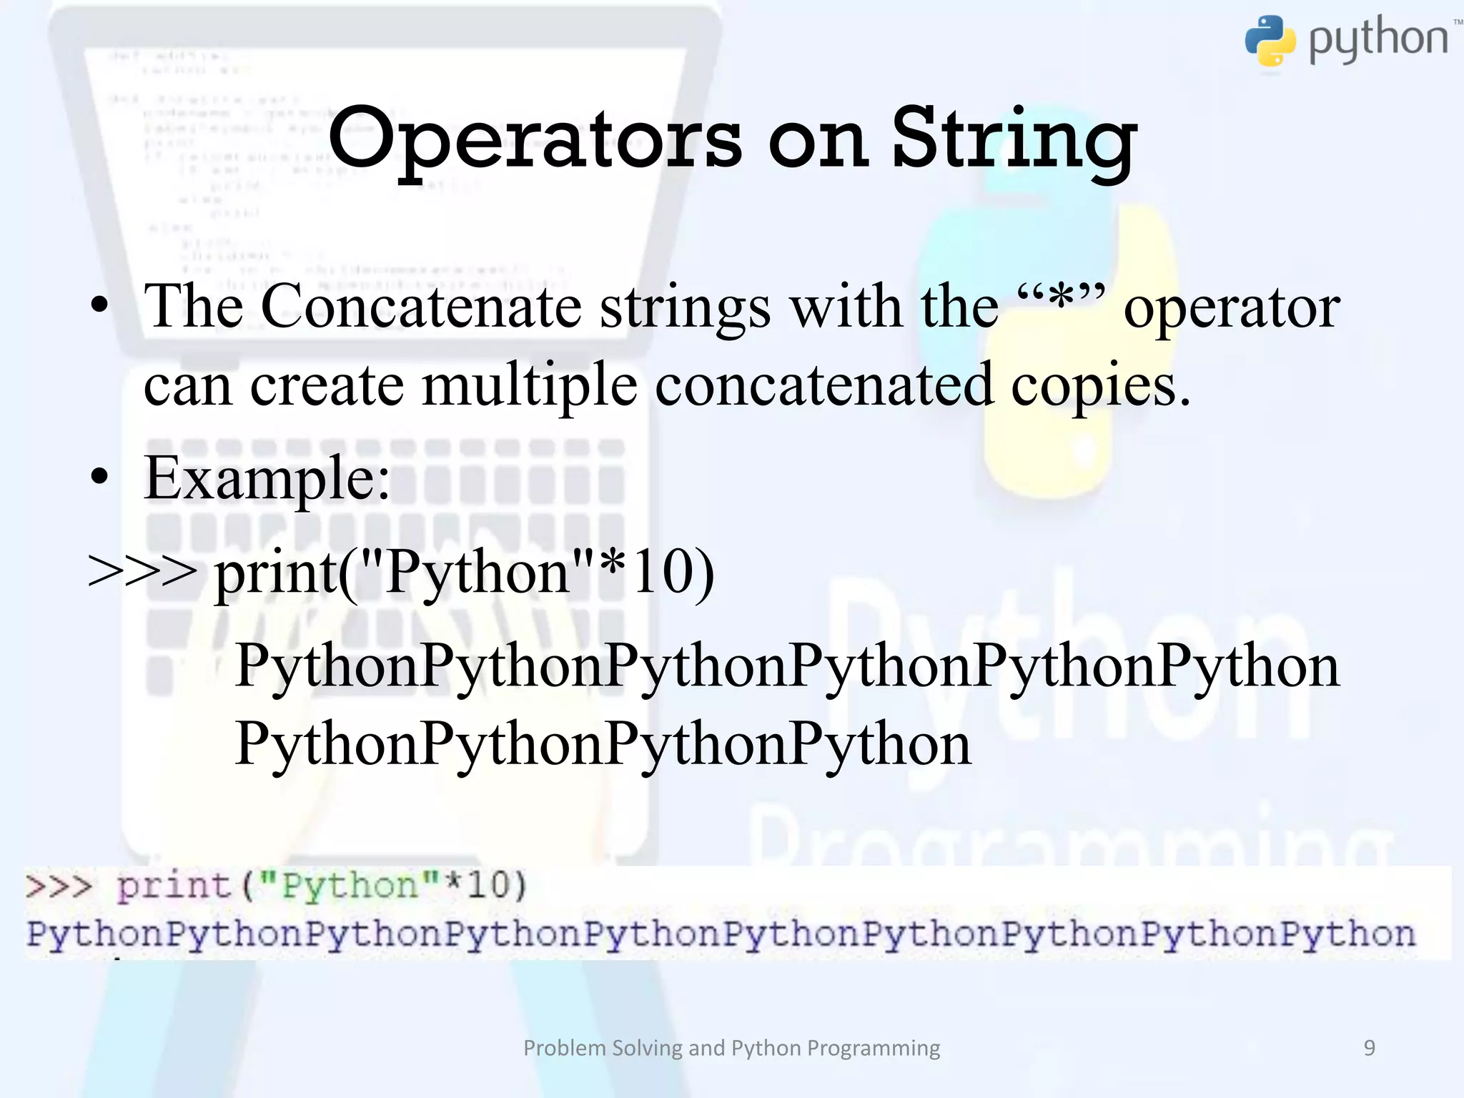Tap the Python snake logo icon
(x=1270, y=41)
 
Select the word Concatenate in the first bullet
(x=421, y=307)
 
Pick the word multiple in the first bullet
(x=529, y=385)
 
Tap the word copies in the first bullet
(x=1100, y=387)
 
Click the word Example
(x=267, y=478)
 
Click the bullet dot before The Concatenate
(x=101, y=306)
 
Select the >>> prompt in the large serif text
(x=142, y=572)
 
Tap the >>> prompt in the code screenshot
(x=59, y=886)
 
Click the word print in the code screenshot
(x=173, y=886)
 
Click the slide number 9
(x=1370, y=1048)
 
